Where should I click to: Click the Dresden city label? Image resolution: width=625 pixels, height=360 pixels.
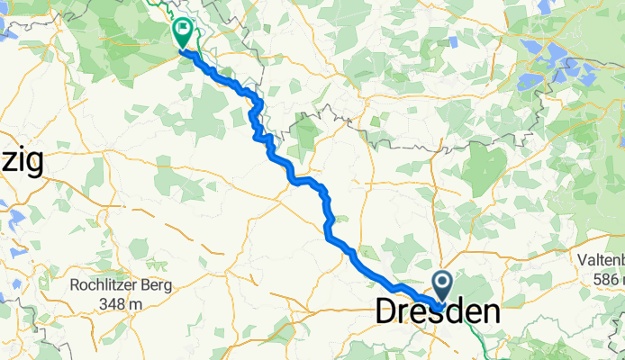(437, 313)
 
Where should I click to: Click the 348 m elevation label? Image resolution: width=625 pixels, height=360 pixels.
(122, 304)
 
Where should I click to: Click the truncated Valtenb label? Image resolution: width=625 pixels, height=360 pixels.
(601, 261)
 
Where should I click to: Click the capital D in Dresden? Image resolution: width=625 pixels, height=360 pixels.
(385, 313)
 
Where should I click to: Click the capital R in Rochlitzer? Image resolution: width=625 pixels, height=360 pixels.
(75, 287)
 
